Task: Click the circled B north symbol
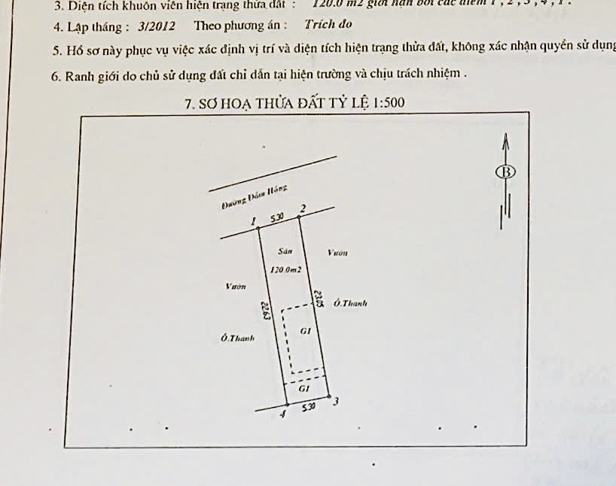[506, 172]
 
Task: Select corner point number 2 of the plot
[299, 217]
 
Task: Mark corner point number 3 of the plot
[328, 396]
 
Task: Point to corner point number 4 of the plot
[286, 405]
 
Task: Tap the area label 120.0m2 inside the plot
[285, 269]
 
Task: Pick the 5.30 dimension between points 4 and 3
[308, 407]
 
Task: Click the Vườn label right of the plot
[337, 254]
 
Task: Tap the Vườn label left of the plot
[235, 286]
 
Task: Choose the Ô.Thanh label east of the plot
[350, 303]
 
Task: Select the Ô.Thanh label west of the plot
[238, 339]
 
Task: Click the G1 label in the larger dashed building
[305, 330]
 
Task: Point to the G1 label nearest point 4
[303, 388]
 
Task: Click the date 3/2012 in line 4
[157, 25]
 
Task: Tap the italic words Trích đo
[329, 24]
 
